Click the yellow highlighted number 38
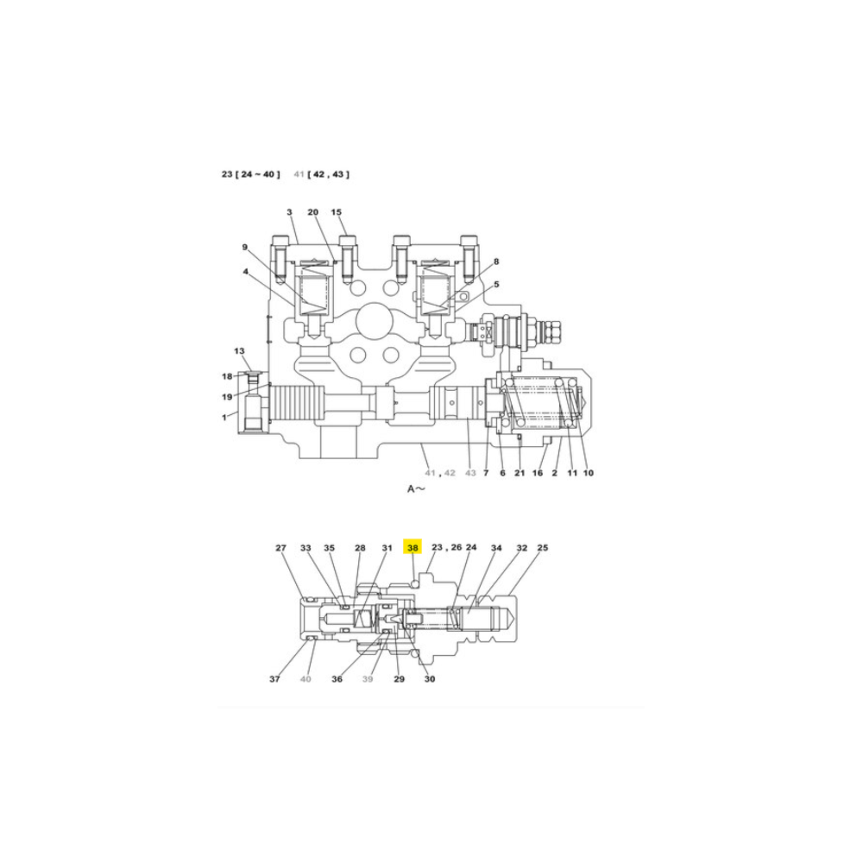(413, 547)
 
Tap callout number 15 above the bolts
(337, 212)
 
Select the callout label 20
(312, 212)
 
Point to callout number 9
(245, 248)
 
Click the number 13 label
(239, 350)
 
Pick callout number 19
(227, 397)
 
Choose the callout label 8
(496, 261)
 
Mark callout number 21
(520, 473)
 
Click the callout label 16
(537, 473)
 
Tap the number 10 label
(589, 473)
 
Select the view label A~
(416, 488)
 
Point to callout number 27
(280, 548)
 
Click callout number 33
(306, 548)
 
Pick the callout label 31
(387, 548)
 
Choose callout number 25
(543, 548)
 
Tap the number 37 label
(274, 679)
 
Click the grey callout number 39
(368, 679)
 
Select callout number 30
(430, 679)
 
